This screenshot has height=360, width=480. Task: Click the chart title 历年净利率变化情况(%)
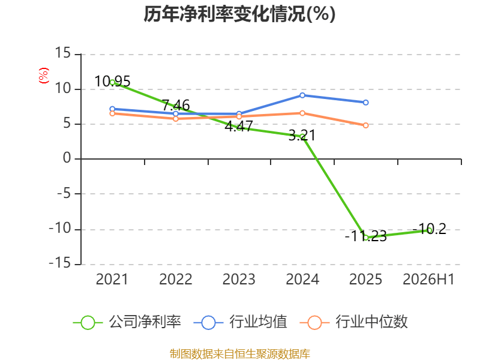pyautogui.click(x=239, y=14)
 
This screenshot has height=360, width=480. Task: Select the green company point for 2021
pyautogui.click(x=112, y=82)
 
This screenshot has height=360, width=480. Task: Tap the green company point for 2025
pyautogui.click(x=365, y=238)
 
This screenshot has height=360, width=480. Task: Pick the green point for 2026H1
pyautogui.click(x=429, y=230)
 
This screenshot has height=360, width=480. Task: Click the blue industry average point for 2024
pyautogui.click(x=302, y=95)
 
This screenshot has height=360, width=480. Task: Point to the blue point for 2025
pyautogui.click(x=365, y=103)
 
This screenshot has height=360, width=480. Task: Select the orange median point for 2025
pyautogui.click(x=365, y=125)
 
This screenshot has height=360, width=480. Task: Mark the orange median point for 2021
pyautogui.click(x=112, y=113)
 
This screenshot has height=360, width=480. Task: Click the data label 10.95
pyautogui.click(x=112, y=82)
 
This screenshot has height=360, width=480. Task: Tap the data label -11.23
pyautogui.click(x=366, y=236)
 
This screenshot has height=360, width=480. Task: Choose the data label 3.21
pyautogui.click(x=302, y=136)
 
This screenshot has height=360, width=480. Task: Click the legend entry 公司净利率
pyautogui.click(x=127, y=322)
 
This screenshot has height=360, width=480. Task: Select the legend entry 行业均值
pyautogui.click(x=241, y=322)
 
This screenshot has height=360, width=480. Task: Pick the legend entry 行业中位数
pyautogui.click(x=353, y=322)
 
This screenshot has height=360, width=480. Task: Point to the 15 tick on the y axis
pyautogui.click(x=63, y=53)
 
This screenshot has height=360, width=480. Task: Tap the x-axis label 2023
pyautogui.click(x=239, y=280)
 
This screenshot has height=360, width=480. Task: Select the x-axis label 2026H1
pyautogui.click(x=428, y=280)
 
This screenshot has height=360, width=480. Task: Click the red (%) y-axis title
pyautogui.click(x=43, y=76)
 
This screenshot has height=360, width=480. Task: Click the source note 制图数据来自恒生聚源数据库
pyautogui.click(x=240, y=354)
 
